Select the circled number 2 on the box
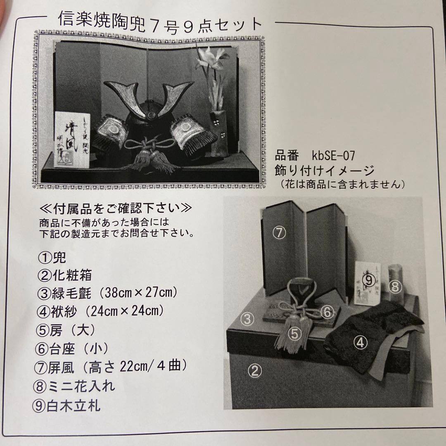tap(254, 370)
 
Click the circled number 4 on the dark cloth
tap(361, 342)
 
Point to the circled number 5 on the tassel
tap(294, 334)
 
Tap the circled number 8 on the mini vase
tap(395, 286)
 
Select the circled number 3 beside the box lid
tap(247, 318)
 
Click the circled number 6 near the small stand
tap(327, 312)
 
